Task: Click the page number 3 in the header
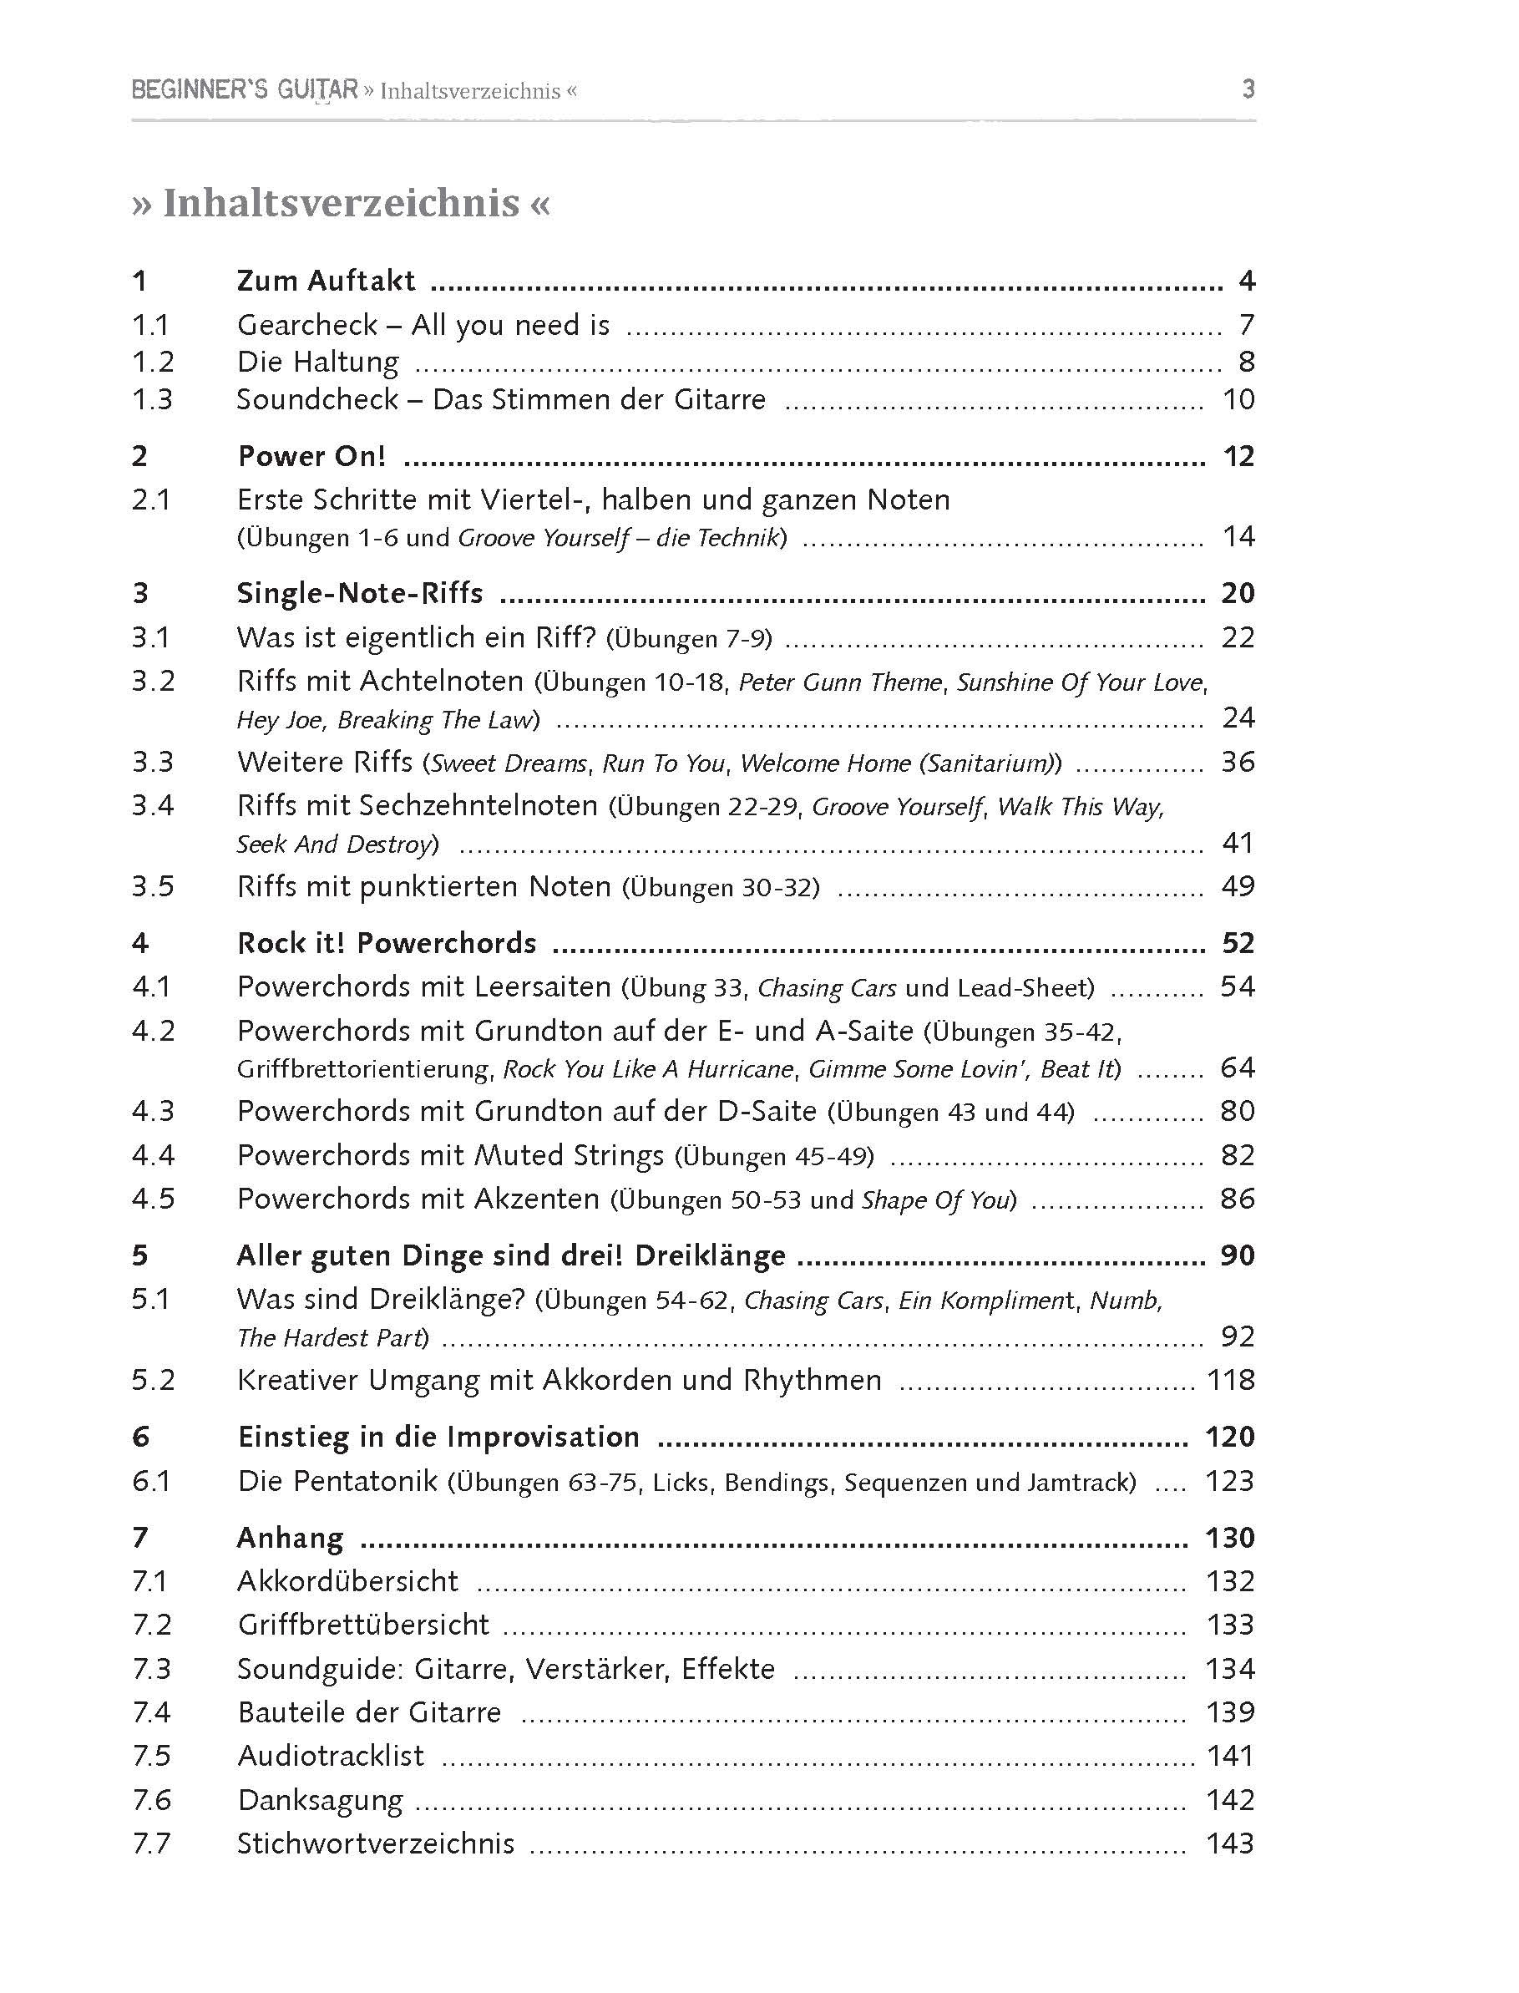(x=1248, y=89)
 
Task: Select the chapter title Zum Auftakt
(x=326, y=281)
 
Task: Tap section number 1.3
(x=152, y=398)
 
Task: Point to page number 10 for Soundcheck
(x=1238, y=398)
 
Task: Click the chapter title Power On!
(x=311, y=456)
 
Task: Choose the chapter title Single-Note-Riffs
(x=360, y=593)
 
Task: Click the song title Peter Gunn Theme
(x=840, y=682)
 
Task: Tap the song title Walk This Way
(x=1081, y=807)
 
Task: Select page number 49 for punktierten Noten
(x=1238, y=886)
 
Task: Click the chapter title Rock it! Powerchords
(x=386, y=943)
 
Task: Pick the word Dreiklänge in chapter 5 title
(x=710, y=1255)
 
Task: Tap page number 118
(x=1231, y=1380)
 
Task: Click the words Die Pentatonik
(x=337, y=1481)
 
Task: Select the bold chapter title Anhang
(x=291, y=1538)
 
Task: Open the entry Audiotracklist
(x=330, y=1756)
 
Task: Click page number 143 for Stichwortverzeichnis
(x=1231, y=1843)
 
